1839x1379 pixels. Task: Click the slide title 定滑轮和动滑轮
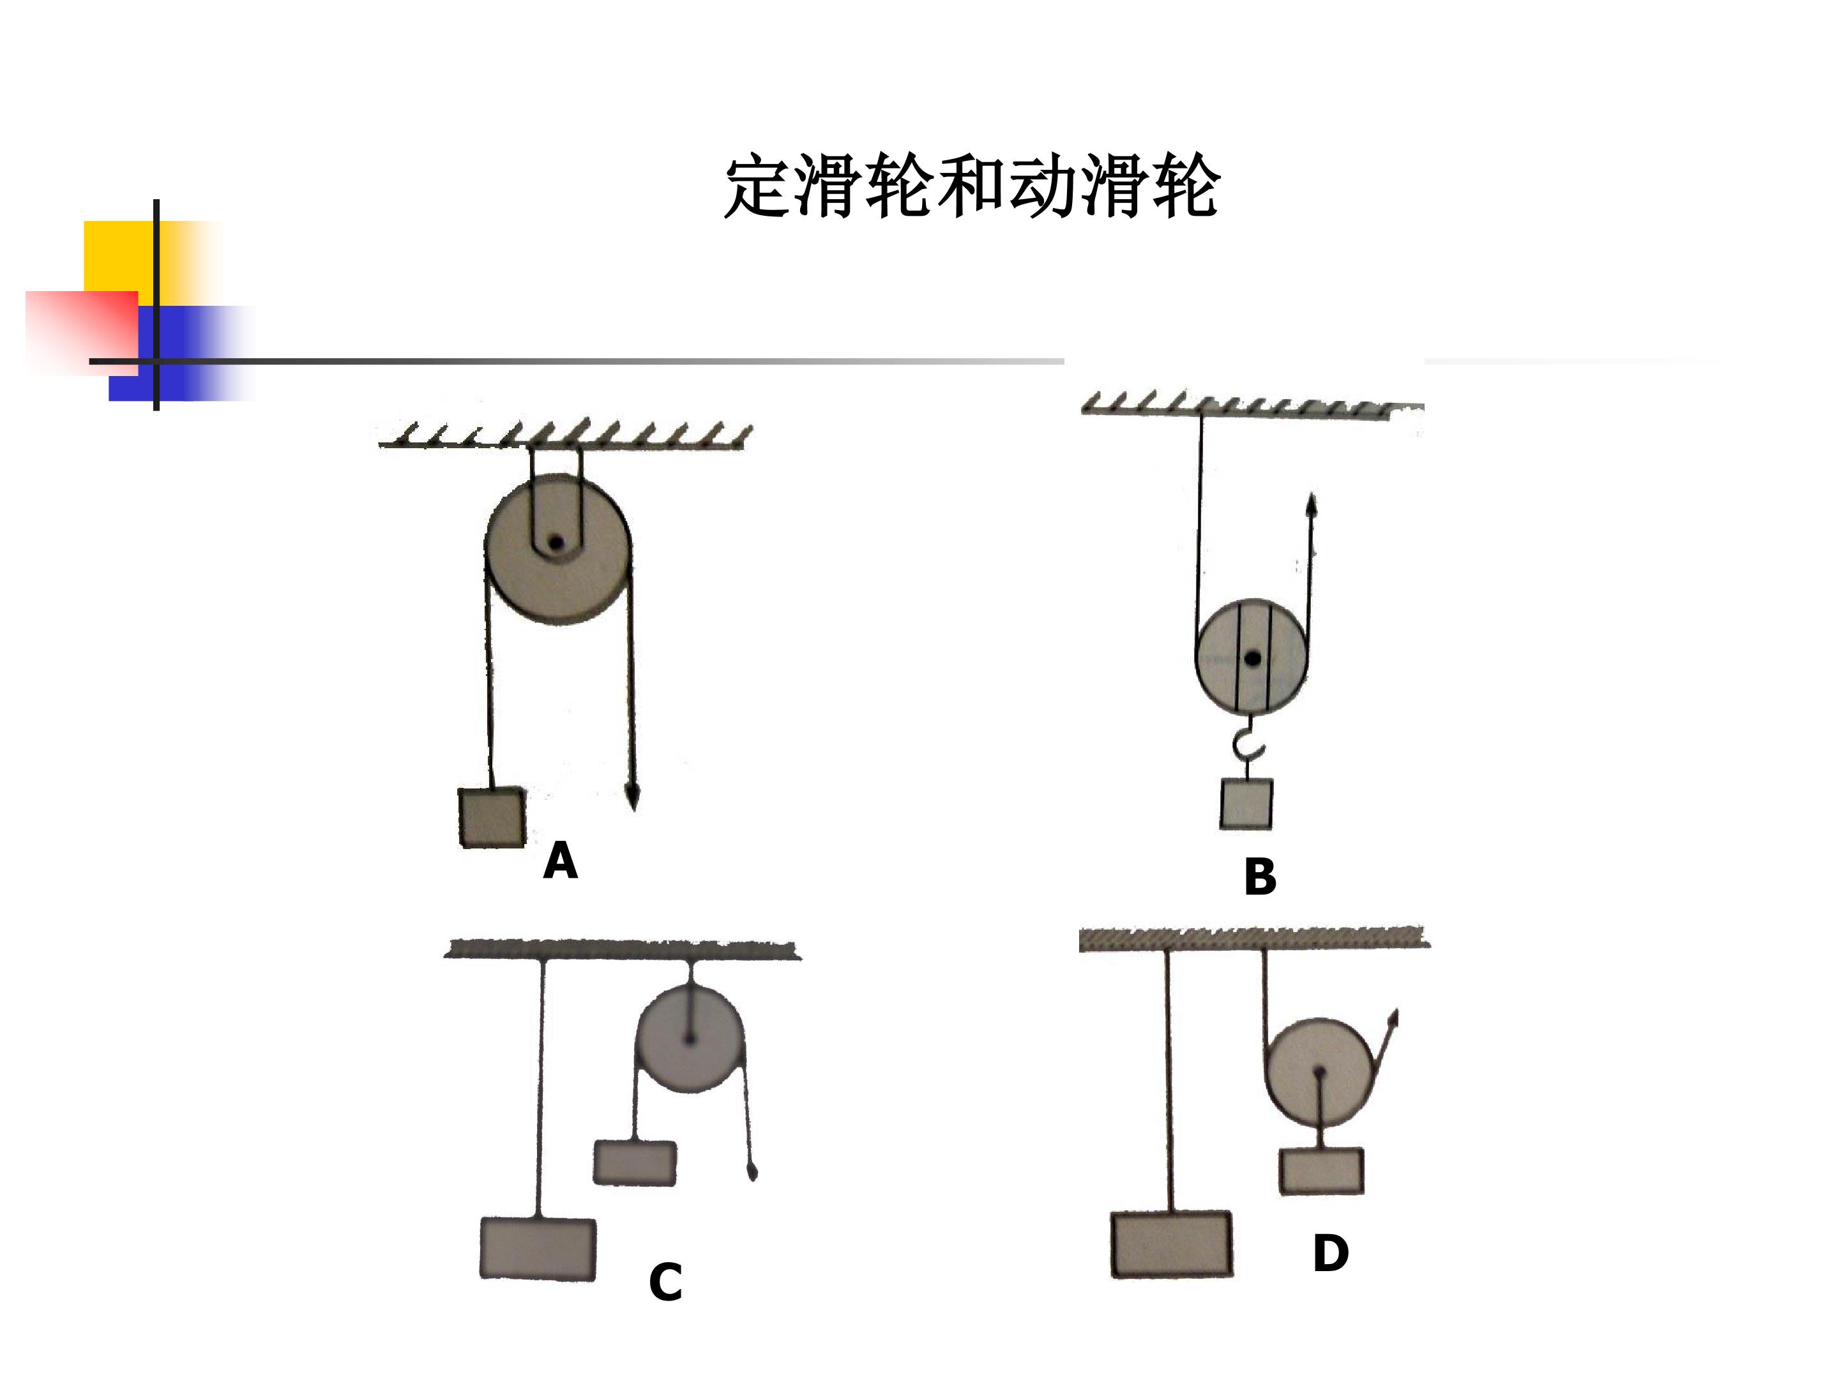point(972,186)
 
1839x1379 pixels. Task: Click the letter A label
point(561,861)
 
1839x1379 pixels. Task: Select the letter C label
point(666,1282)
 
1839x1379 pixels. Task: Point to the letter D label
point(1330,1253)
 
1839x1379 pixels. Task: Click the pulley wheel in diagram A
point(558,550)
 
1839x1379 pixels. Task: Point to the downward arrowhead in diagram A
point(632,799)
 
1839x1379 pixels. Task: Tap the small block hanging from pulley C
point(635,1162)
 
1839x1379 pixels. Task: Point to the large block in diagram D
point(1172,1244)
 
